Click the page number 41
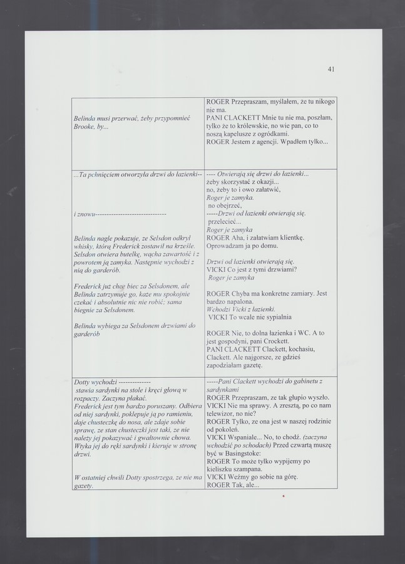(x=331, y=70)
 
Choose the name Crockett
(x=280, y=342)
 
